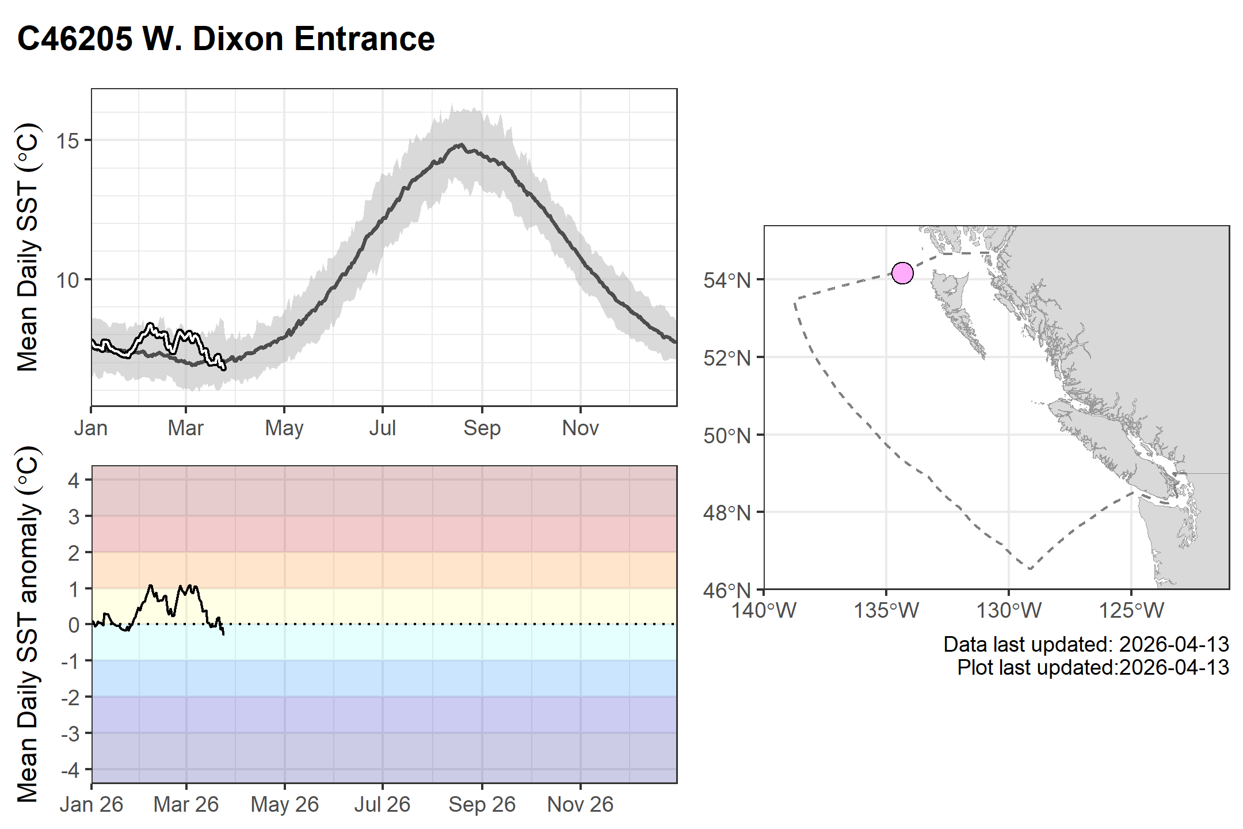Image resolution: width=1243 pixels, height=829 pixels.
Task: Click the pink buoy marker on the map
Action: pyautogui.click(x=902, y=273)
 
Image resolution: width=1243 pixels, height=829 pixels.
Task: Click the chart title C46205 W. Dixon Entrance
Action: pyautogui.click(x=226, y=39)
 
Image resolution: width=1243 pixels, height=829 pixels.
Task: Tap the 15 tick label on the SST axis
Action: pyautogui.click(x=68, y=140)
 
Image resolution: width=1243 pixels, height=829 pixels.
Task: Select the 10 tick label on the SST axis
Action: pyautogui.click(x=68, y=280)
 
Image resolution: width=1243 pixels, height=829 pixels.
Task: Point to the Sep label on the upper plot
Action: pyautogui.click(x=482, y=428)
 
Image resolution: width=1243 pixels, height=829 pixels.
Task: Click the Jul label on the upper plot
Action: pyautogui.click(x=382, y=428)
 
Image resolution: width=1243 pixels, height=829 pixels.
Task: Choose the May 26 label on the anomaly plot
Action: pyautogui.click(x=284, y=805)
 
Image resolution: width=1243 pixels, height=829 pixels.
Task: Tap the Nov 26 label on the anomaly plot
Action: pyautogui.click(x=580, y=805)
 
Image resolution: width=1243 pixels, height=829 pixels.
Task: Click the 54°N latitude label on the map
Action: pyautogui.click(x=727, y=281)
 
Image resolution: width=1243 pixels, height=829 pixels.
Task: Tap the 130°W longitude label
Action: pyautogui.click(x=1009, y=610)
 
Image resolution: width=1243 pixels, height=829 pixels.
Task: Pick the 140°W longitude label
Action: pyautogui.click(x=764, y=610)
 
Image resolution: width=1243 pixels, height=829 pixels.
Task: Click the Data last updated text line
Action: pyautogui.click(x=1086, y=644)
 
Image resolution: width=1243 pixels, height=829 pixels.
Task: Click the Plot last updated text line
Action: pyautogui.click(x=1093, y=668)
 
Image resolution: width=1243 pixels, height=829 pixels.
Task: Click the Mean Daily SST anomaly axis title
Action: pyautogui.click(x=27, y=625)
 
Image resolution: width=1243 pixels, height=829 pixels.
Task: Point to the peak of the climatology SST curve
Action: pyautogui.click(x=460, y=145)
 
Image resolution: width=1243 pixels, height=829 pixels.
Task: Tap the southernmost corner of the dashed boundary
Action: pyautogui.click(x=1030, y=569)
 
